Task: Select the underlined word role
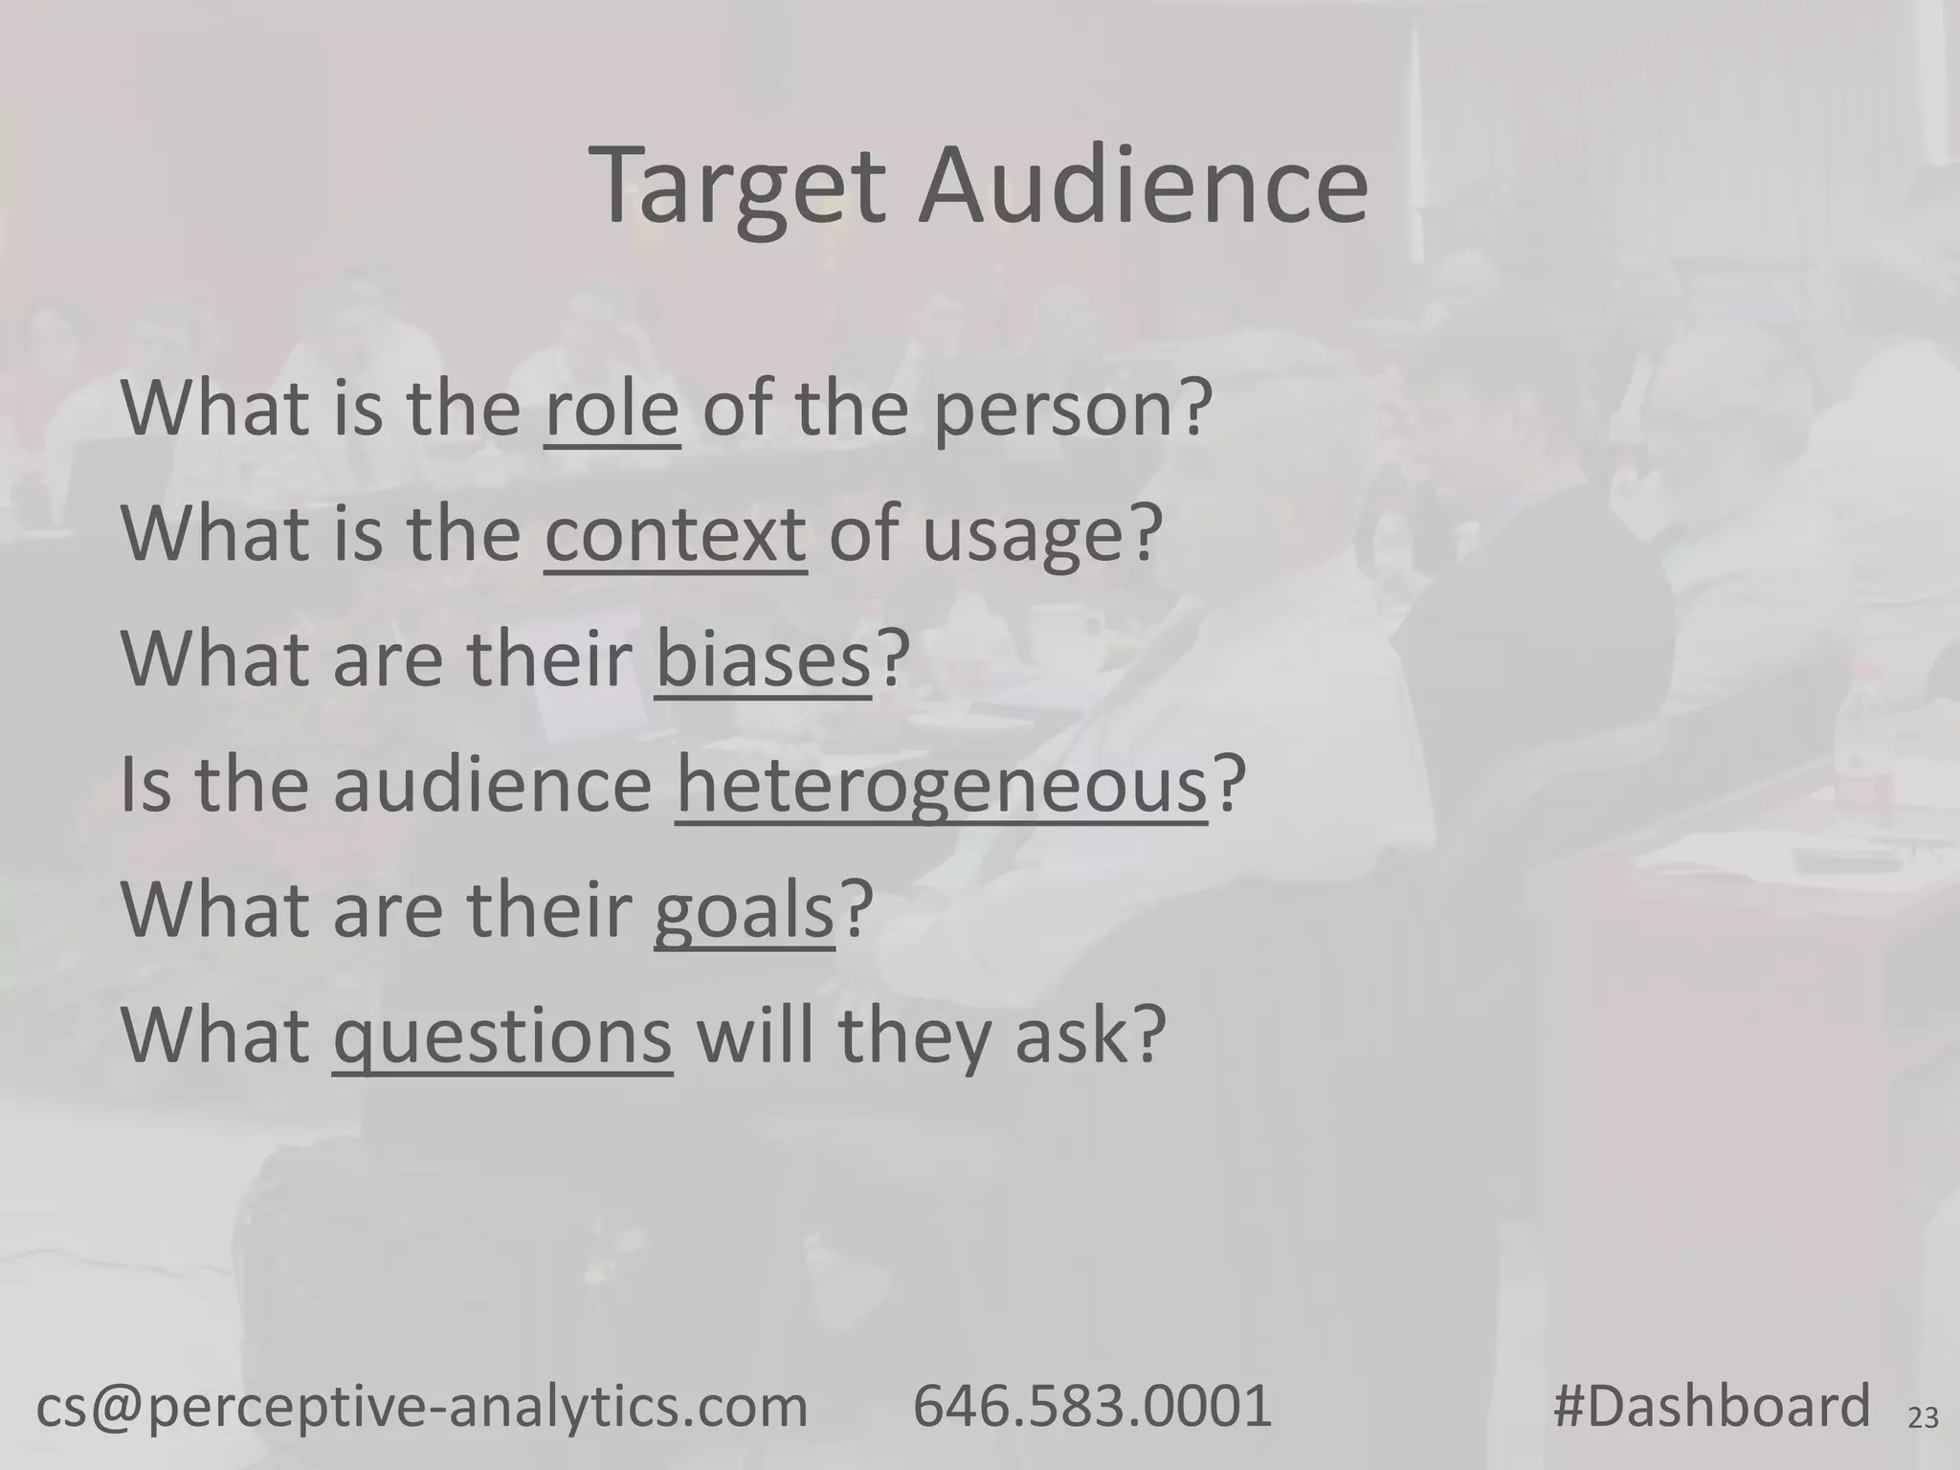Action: coord(612,408)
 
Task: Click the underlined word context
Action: coord(675,533)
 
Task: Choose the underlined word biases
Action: coord(763,659)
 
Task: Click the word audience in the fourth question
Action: coord(492,785)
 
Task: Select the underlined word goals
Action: coord(744,912)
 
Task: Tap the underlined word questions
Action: coord(502,1038)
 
